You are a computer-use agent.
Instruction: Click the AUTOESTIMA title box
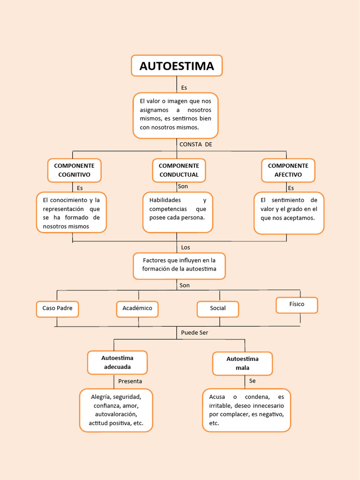[177, 66]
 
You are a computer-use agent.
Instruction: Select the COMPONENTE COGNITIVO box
[74, 170]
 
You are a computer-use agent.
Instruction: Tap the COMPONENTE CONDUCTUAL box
[179, 170]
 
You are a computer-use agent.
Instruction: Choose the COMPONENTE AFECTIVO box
[288, 170]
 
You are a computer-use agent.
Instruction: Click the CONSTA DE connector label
[195, 144]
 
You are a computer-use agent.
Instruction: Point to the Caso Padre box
[57, 308]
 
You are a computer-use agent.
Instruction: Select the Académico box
[137, 308]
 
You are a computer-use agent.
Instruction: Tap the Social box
[217, 308]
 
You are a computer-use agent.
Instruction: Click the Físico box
[297, 305]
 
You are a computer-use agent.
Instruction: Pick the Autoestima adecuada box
[117, 362]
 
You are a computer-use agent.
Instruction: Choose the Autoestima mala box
[242, 363]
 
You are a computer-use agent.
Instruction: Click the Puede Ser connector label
[194, 332]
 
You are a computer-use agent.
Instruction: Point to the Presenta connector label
[130, 381]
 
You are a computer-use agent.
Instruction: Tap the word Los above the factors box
[186, 247]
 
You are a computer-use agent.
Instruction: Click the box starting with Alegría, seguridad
[116, 410]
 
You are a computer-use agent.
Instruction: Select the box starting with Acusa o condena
[247, 410]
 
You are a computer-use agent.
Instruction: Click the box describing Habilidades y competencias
[178, 212]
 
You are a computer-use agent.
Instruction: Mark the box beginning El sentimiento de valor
[289, 212]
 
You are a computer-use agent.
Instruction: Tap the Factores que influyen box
[180, 265]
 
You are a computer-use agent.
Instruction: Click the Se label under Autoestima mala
[252, 381]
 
